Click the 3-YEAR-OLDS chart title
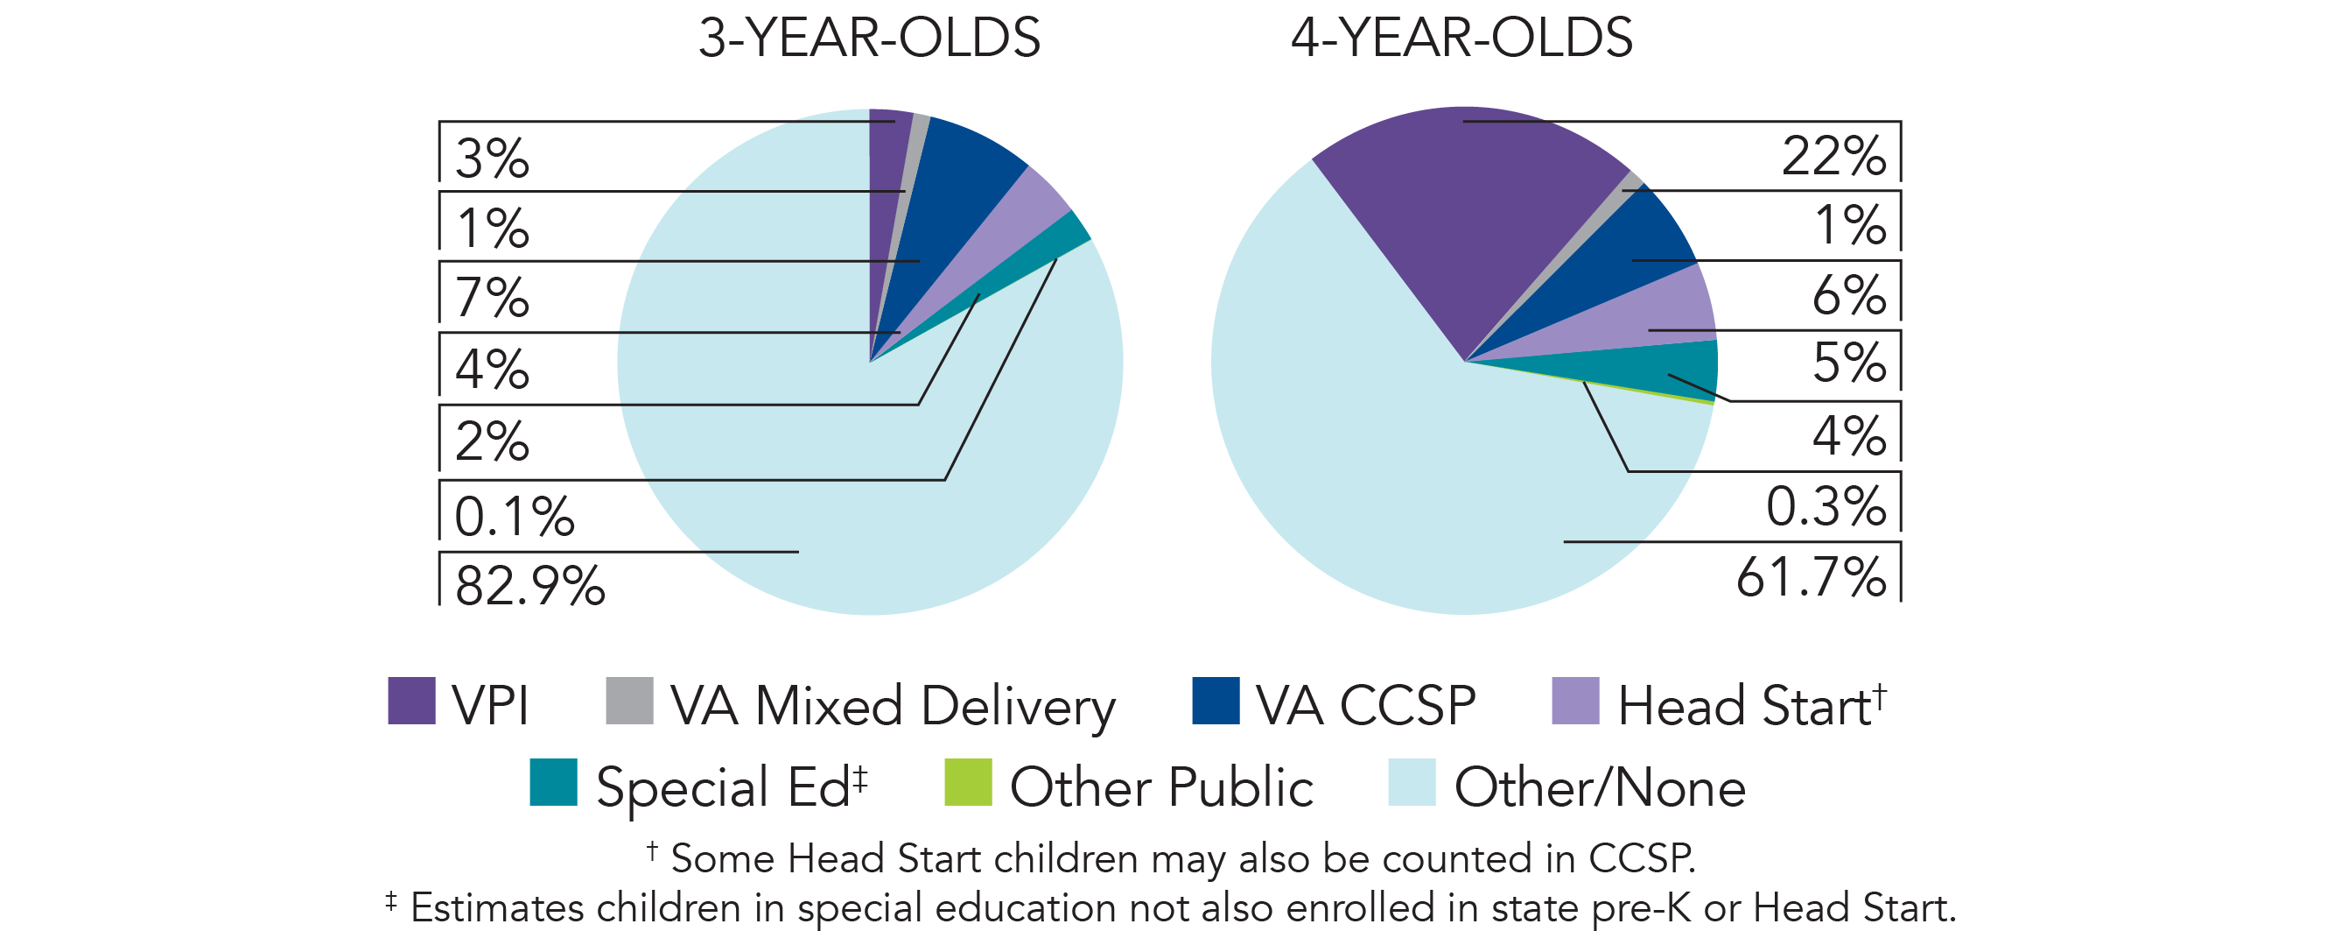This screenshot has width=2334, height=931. coord(869,38)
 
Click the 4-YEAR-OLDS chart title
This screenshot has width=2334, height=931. coord(1461,38)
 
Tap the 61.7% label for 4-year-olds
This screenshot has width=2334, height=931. coord(1811,577)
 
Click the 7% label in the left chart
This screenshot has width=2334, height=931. coord(492,297)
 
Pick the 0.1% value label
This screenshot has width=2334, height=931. coord(514,517)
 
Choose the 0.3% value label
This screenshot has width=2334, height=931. coord(1825,506)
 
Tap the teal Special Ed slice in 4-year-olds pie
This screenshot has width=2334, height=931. coord(1686,367)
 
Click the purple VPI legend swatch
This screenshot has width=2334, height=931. coord(411,701)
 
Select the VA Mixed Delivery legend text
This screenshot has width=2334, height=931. coord(893,706)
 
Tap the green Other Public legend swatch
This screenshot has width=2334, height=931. coord(968,782)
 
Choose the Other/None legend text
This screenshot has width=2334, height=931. coord(1599,786)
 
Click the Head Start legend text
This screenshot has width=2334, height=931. coord(1744,706)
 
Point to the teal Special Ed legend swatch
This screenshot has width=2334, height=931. coord(553,782)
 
